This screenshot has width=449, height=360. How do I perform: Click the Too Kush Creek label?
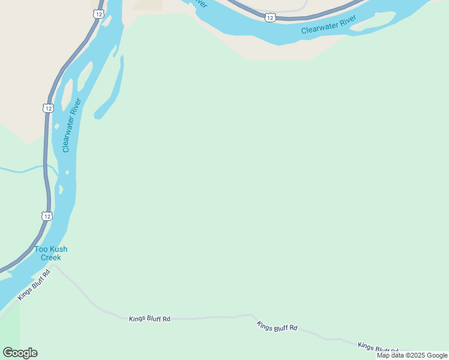50,253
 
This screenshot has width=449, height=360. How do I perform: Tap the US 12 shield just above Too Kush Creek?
47,215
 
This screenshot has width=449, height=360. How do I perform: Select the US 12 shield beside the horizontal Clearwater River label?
270,18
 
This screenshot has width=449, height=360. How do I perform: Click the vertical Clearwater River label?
70,125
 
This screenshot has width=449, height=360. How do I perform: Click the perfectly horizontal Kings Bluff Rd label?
149,319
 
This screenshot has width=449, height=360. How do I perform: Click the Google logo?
20,353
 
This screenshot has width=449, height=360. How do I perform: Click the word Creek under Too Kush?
50,257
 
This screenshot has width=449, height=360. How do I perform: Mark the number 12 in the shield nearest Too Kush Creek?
47,215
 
